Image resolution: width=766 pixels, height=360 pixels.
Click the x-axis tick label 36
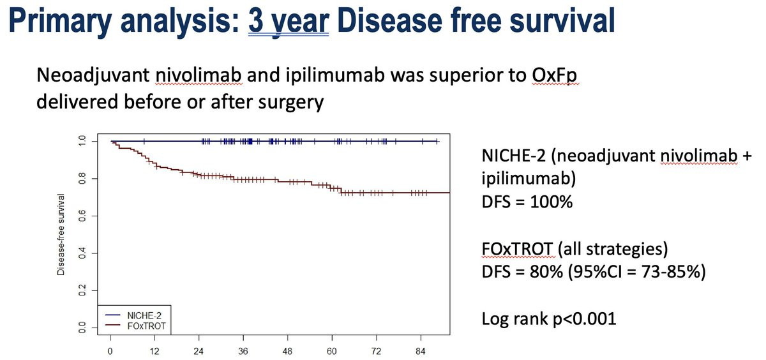point(243,352)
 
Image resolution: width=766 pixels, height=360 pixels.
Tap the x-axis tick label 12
point(154,352)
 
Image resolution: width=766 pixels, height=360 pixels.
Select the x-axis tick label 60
point(331,352)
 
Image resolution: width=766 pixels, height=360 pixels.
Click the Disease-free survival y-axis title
point(61,234)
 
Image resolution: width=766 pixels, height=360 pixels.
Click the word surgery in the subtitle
point(292,101)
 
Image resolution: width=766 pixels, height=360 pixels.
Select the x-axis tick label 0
point(110,352)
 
